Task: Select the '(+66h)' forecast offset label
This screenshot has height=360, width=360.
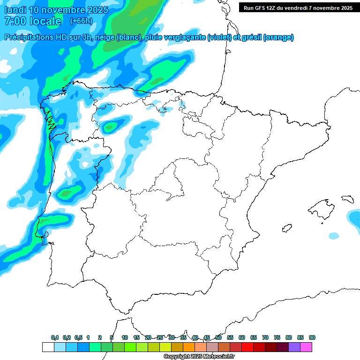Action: click(81, 21)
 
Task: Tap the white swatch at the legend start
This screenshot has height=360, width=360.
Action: click(48, 347)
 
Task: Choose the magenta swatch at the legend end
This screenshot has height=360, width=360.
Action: click(306, 347)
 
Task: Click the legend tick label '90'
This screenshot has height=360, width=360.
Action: click(312, 338)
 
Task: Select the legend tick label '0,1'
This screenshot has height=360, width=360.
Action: click(55, 338)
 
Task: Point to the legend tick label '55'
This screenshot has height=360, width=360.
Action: click(230, 338)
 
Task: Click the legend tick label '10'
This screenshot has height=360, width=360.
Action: click(125, 338)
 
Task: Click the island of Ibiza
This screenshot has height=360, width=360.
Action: click(286, 229)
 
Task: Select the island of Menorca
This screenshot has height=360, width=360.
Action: click(347, 198)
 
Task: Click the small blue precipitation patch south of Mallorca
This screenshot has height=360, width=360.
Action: click(333, 235)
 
